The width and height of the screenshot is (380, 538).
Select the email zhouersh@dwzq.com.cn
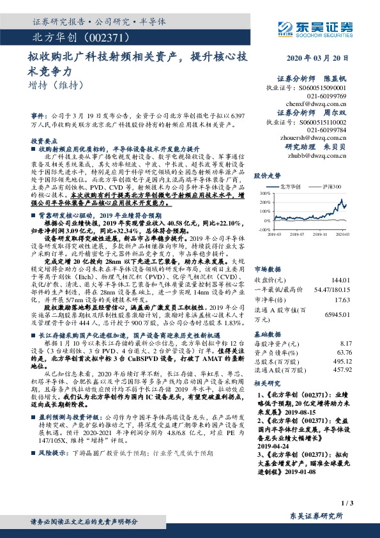coord(326,137)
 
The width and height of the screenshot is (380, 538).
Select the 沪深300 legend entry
coord(329,186)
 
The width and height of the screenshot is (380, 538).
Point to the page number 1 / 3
coord(347,504)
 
